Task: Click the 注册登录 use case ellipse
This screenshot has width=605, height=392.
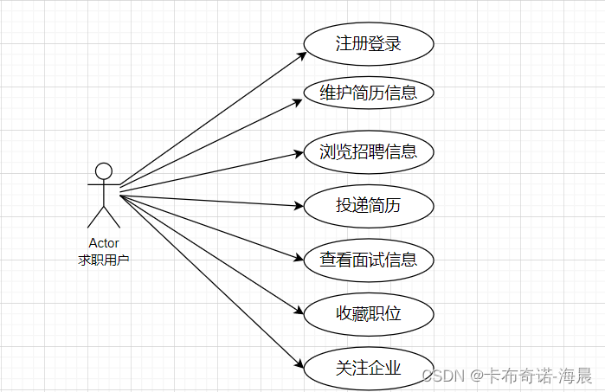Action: pos(368,42)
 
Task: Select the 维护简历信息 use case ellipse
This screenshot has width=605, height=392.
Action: pos(368,93)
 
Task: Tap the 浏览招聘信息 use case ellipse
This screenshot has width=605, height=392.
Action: pos(368,152)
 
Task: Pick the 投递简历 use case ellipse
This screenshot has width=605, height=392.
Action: pos(368,205)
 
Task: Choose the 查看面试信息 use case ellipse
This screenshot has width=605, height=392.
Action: pos(368,259)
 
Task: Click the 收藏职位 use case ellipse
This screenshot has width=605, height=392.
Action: pos(368,313)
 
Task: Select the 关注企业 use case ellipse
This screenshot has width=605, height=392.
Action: pos(368,367)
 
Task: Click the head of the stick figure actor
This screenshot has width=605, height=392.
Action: pos(104,170)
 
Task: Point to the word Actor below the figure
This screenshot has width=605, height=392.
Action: pos(104,243)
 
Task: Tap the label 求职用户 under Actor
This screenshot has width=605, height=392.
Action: pos(104,259)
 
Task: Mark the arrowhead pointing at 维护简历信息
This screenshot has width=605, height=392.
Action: pos(299,100)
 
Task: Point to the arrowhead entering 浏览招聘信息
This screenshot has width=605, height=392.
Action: pos(299,154)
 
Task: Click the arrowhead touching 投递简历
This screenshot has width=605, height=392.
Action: pos(299,206)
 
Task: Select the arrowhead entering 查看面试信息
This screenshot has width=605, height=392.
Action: pos(300,256)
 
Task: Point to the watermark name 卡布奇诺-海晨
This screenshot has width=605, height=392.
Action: pos(540,376)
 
